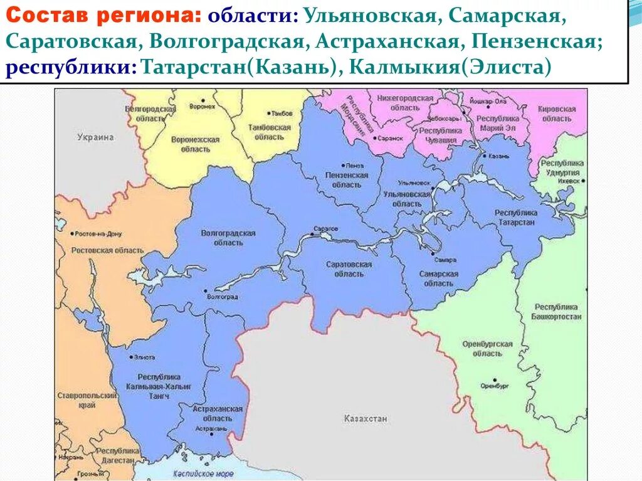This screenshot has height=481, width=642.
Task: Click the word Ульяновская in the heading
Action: tap(369, 16)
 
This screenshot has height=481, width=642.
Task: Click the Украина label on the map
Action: tap(95, 137)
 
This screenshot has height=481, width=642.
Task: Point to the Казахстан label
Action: tap(366, 418)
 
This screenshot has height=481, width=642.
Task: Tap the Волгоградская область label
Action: tap(228, 238)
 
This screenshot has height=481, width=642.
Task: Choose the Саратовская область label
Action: tap(349, 269)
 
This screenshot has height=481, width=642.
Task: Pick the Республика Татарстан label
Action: tap(515, 218)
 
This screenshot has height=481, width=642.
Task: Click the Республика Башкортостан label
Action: tap(557, 312)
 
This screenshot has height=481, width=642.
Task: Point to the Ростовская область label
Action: tap(99, 250)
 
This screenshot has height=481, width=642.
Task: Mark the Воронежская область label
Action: tap(195, 144)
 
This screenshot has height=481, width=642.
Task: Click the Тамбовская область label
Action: tap(271, 132)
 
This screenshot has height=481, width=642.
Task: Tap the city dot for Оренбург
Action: tap(495, 380)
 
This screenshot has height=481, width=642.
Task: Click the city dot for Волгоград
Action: tap(206, 291)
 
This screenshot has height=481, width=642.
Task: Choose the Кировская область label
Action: tap(556, 114)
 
